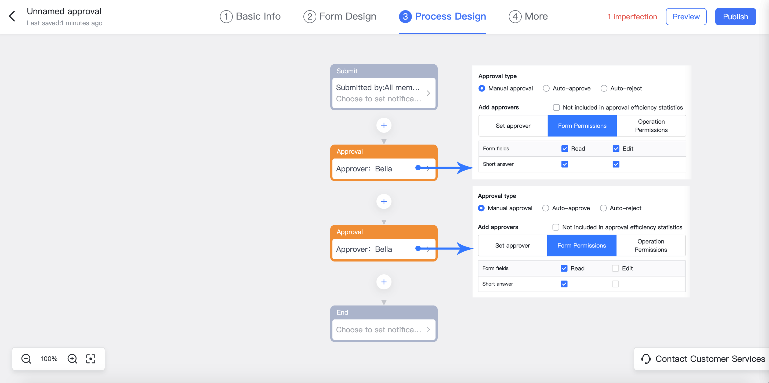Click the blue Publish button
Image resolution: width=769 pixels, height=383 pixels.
point(735,17)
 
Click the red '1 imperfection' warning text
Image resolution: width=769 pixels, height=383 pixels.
point(632,17)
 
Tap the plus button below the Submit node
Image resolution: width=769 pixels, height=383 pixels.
point(384,125)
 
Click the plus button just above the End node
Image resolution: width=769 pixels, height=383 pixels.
point(384,282)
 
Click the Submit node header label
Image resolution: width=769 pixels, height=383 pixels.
point(347,71)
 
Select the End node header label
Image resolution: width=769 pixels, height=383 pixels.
point(342,312)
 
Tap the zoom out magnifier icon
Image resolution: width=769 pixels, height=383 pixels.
point(26,359)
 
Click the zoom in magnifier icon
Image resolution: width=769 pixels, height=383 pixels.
point(72,359)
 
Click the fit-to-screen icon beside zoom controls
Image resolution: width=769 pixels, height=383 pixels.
point(91,359)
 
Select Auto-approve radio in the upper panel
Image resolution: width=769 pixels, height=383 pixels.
point(546,88)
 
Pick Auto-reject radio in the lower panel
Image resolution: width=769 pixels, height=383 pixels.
point(603,208)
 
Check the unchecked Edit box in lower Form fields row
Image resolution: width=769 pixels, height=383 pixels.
point(615,268)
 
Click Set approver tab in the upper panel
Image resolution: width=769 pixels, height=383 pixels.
point(513,126)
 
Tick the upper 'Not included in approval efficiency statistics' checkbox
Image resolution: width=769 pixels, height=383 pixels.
point(556,107)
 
